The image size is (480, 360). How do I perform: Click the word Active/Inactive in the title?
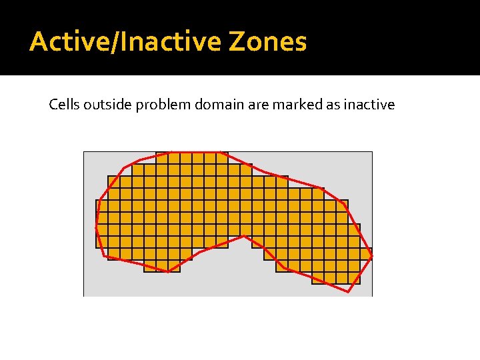click(x=125, y=42)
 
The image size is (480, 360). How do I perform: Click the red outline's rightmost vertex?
click(x=371, y=257)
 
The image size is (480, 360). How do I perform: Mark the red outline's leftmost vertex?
click(x=96, y=225)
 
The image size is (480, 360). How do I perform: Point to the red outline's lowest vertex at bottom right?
click(x=348, y=292)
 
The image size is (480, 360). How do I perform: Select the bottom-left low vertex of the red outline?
click(x=169, y=271)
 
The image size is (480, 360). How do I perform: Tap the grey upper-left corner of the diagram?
click(x=93, y=161)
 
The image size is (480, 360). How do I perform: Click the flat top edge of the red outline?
click(x=193, y=152)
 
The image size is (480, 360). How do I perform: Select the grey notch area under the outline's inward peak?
click(x=240, y=267)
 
